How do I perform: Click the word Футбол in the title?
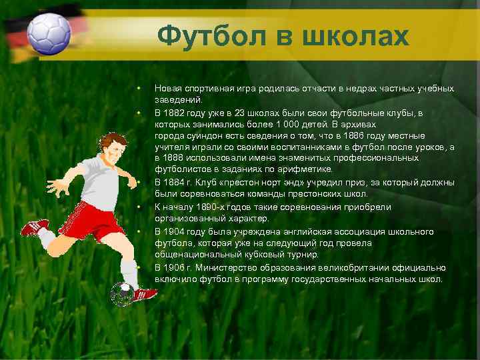[x=209, y=36]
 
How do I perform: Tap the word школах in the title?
[x=355, y=36]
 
